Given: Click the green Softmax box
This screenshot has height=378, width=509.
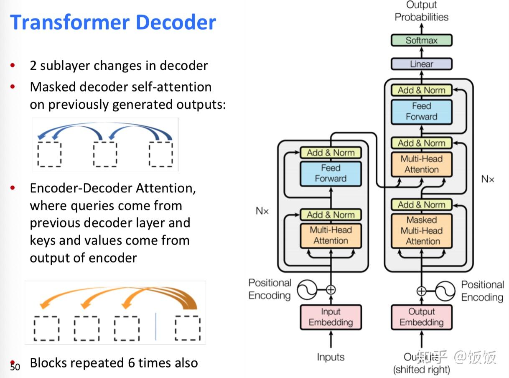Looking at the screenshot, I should pos(421,41).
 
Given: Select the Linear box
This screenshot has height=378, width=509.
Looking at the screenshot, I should pos(421,64).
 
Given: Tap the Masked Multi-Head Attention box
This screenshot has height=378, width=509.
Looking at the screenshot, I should pos(421,230).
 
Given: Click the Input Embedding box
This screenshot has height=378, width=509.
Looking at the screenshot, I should pos(331,317).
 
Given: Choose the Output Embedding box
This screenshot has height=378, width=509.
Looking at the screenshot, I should pos(421,317).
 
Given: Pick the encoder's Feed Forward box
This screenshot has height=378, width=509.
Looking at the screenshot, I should pos(331,173).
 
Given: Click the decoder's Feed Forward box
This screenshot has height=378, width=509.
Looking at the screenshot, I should pos(421,112).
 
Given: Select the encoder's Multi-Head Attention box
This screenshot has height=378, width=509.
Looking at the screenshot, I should pos(331,235).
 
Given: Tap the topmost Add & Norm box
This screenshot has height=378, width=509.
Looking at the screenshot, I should pos(421,90).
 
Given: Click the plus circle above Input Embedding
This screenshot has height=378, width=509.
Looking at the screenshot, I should pos(331,289).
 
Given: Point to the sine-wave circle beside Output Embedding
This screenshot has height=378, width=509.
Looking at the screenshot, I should pos(445,291).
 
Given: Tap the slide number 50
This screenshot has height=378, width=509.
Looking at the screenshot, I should pos(15,367).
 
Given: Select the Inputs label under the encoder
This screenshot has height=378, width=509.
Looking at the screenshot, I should pos(331,357).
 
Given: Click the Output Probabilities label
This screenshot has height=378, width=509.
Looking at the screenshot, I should pos(421,11).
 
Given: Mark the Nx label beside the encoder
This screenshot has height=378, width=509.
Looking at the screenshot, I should pos(262,211).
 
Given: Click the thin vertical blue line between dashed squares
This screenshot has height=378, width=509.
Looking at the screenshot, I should pos(156,326).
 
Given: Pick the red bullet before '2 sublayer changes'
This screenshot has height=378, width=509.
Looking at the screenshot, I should pos(13,65).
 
